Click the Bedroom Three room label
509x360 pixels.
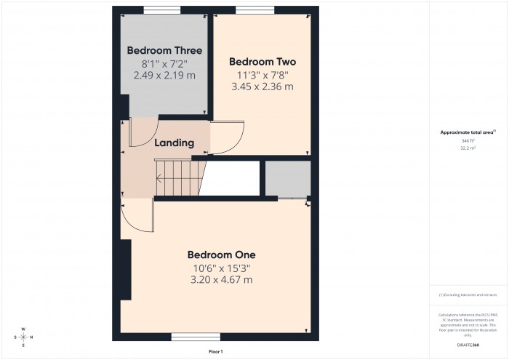pyautogui.click(x=164, y=51)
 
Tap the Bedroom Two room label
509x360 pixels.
pyautogui.click(x=262, y=62)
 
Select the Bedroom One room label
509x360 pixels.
pyautogui.click(x=221, y=255)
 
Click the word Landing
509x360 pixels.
pyautogui.click(x=175, y=143)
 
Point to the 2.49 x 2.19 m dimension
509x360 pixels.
pyautogui.click(x=164, y=76)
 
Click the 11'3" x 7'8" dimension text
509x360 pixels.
pyautogui.click(x=262, y=74)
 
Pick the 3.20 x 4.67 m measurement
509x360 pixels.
pyautogui.click(x=221, y=279)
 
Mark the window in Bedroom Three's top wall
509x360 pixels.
pyautogui.click(x=162, y=9)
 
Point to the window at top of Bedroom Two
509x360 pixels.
pyautogui.click(x=255, y=9)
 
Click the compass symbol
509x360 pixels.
pyautogui.click(x=23, y=337)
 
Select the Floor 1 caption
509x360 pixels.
pyautogui.click(x=216, y=352)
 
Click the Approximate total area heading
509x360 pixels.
pyautogui.click(x=468, y=132)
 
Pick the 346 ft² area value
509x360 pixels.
pyautogui.click(x=468, y=140)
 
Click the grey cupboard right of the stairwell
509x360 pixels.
pyautogui.click(x=287, y=178)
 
